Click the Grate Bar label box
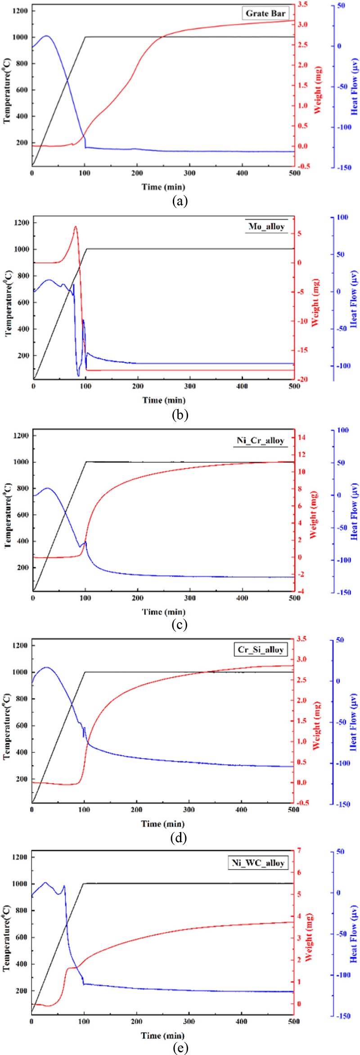click(265, 13)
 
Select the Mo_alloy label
click(267, 226)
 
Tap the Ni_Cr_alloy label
click(261, 440)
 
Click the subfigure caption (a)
click(180, 201)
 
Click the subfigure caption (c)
click(180, 624)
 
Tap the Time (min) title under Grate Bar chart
click(163, 186)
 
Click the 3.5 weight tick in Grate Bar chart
click(303, 5)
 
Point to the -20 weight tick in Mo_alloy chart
click(304, 380)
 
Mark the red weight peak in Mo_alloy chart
click(75, 227)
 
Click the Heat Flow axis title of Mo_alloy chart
click(354, 299)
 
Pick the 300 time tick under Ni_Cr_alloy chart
click(190, 598)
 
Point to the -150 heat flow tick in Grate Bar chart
click(343, 167)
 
